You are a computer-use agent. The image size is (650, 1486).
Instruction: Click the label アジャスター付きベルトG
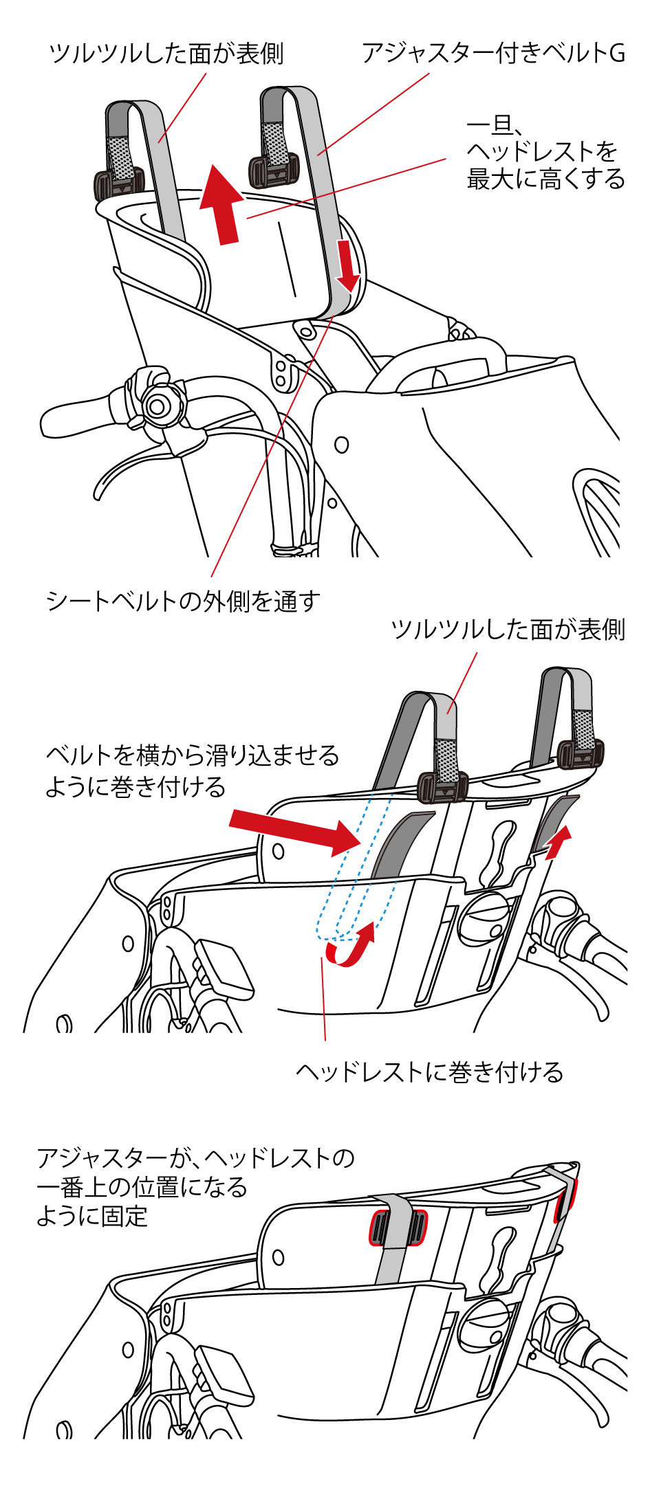click(493, 54)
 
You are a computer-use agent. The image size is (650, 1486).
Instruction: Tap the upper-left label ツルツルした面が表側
click(166, 54)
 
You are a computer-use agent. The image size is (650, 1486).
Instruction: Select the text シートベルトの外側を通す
click(183, 601)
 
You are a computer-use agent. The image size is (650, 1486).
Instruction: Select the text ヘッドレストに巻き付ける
click(429, 1072)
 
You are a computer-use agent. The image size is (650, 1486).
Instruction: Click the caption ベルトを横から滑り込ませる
click(193, 755)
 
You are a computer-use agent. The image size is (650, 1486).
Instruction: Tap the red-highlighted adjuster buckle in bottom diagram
click(398, 1228)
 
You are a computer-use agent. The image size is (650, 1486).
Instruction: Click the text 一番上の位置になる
click(142, 1187)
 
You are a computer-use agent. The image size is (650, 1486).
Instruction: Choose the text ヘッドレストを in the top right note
click(541, 151)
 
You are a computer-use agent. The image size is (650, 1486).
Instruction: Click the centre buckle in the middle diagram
click(442, 786)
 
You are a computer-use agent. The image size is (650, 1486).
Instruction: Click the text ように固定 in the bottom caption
click(92, 1216)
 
